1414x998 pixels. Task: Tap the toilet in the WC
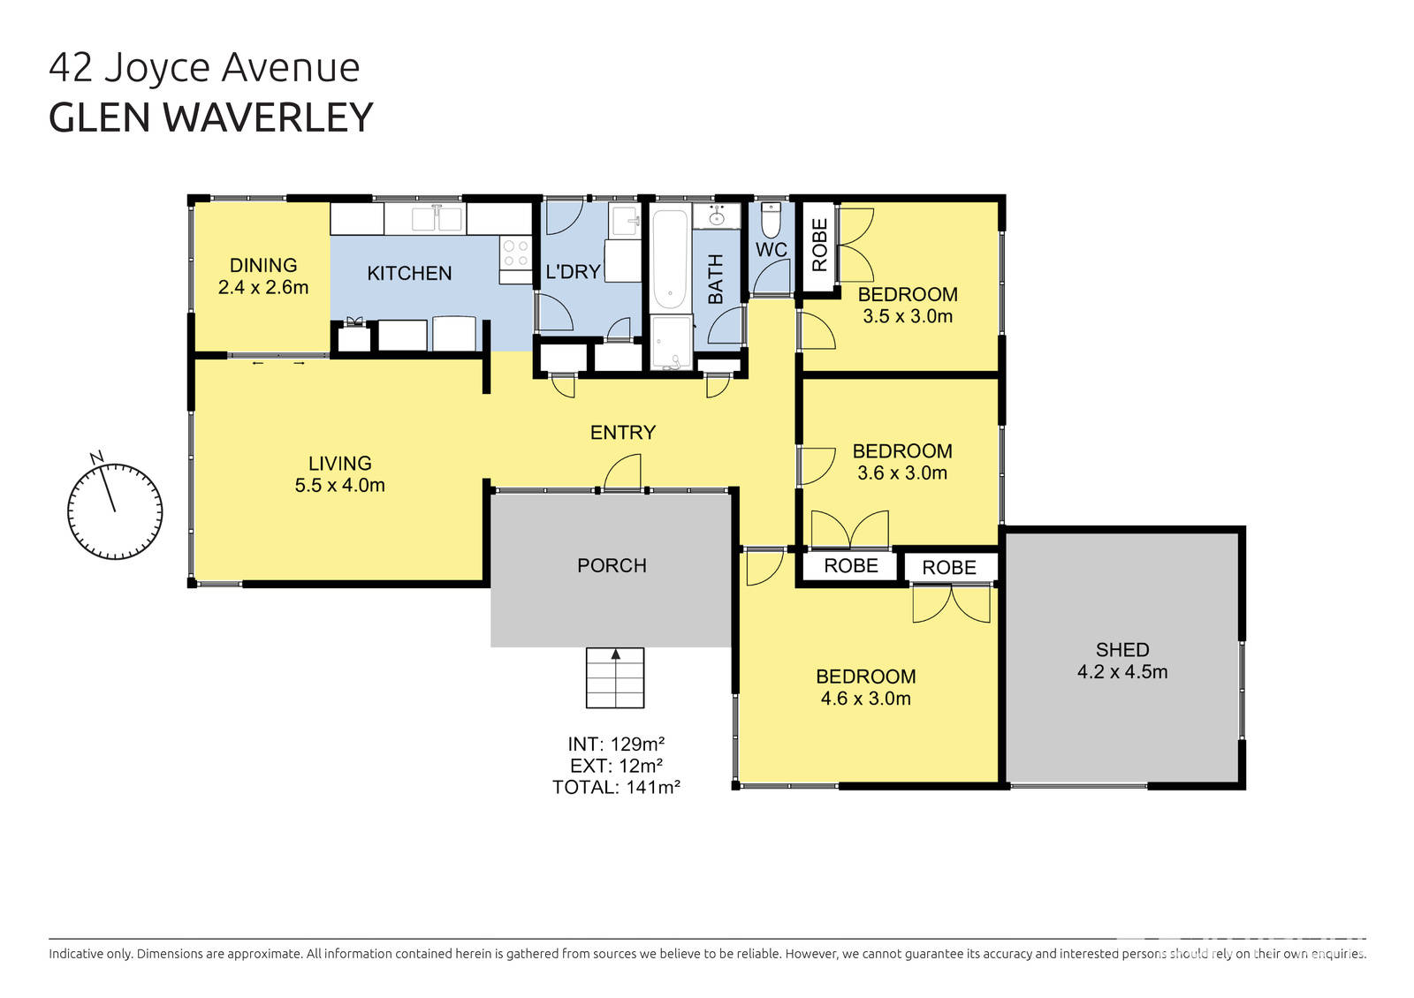pyautogui.click(x=771, y=220)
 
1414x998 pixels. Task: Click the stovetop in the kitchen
pyautogui.click(x=515, y=253)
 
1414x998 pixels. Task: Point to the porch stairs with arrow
pyautogui.click(x=615, y=677)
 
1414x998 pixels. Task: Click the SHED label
pyautogui.click(x=1122, y=650)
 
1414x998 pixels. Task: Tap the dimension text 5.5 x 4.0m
pyautogui.click(x=340, y=485)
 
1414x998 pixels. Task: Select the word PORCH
pyautogui.click(x=612, y=565)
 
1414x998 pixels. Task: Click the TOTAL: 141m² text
pyautogui.click(x=616, y=787)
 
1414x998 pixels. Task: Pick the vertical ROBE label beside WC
pyautogui.click(x=820, y=245)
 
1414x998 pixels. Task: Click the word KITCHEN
pyautogui.click(x=409, y=274)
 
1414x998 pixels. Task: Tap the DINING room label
pyautogui.click(x=263, y=265)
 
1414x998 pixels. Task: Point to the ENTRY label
pyautogui.click(x=623, y=432)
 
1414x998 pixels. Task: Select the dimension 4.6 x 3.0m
pyautogui.click(x=865, y=699)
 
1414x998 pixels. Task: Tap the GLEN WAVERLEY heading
pyautogui.click(x=211, y=117)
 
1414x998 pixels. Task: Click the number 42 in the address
pyautogui.click(x=71, y=68)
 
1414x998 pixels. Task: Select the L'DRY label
pyautogui.click(x=573, y=272)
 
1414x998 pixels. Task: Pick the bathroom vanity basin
pyautogui.click(x=716, y=217)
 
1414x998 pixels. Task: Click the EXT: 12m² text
pyautogui.click(x=616, y=766)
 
